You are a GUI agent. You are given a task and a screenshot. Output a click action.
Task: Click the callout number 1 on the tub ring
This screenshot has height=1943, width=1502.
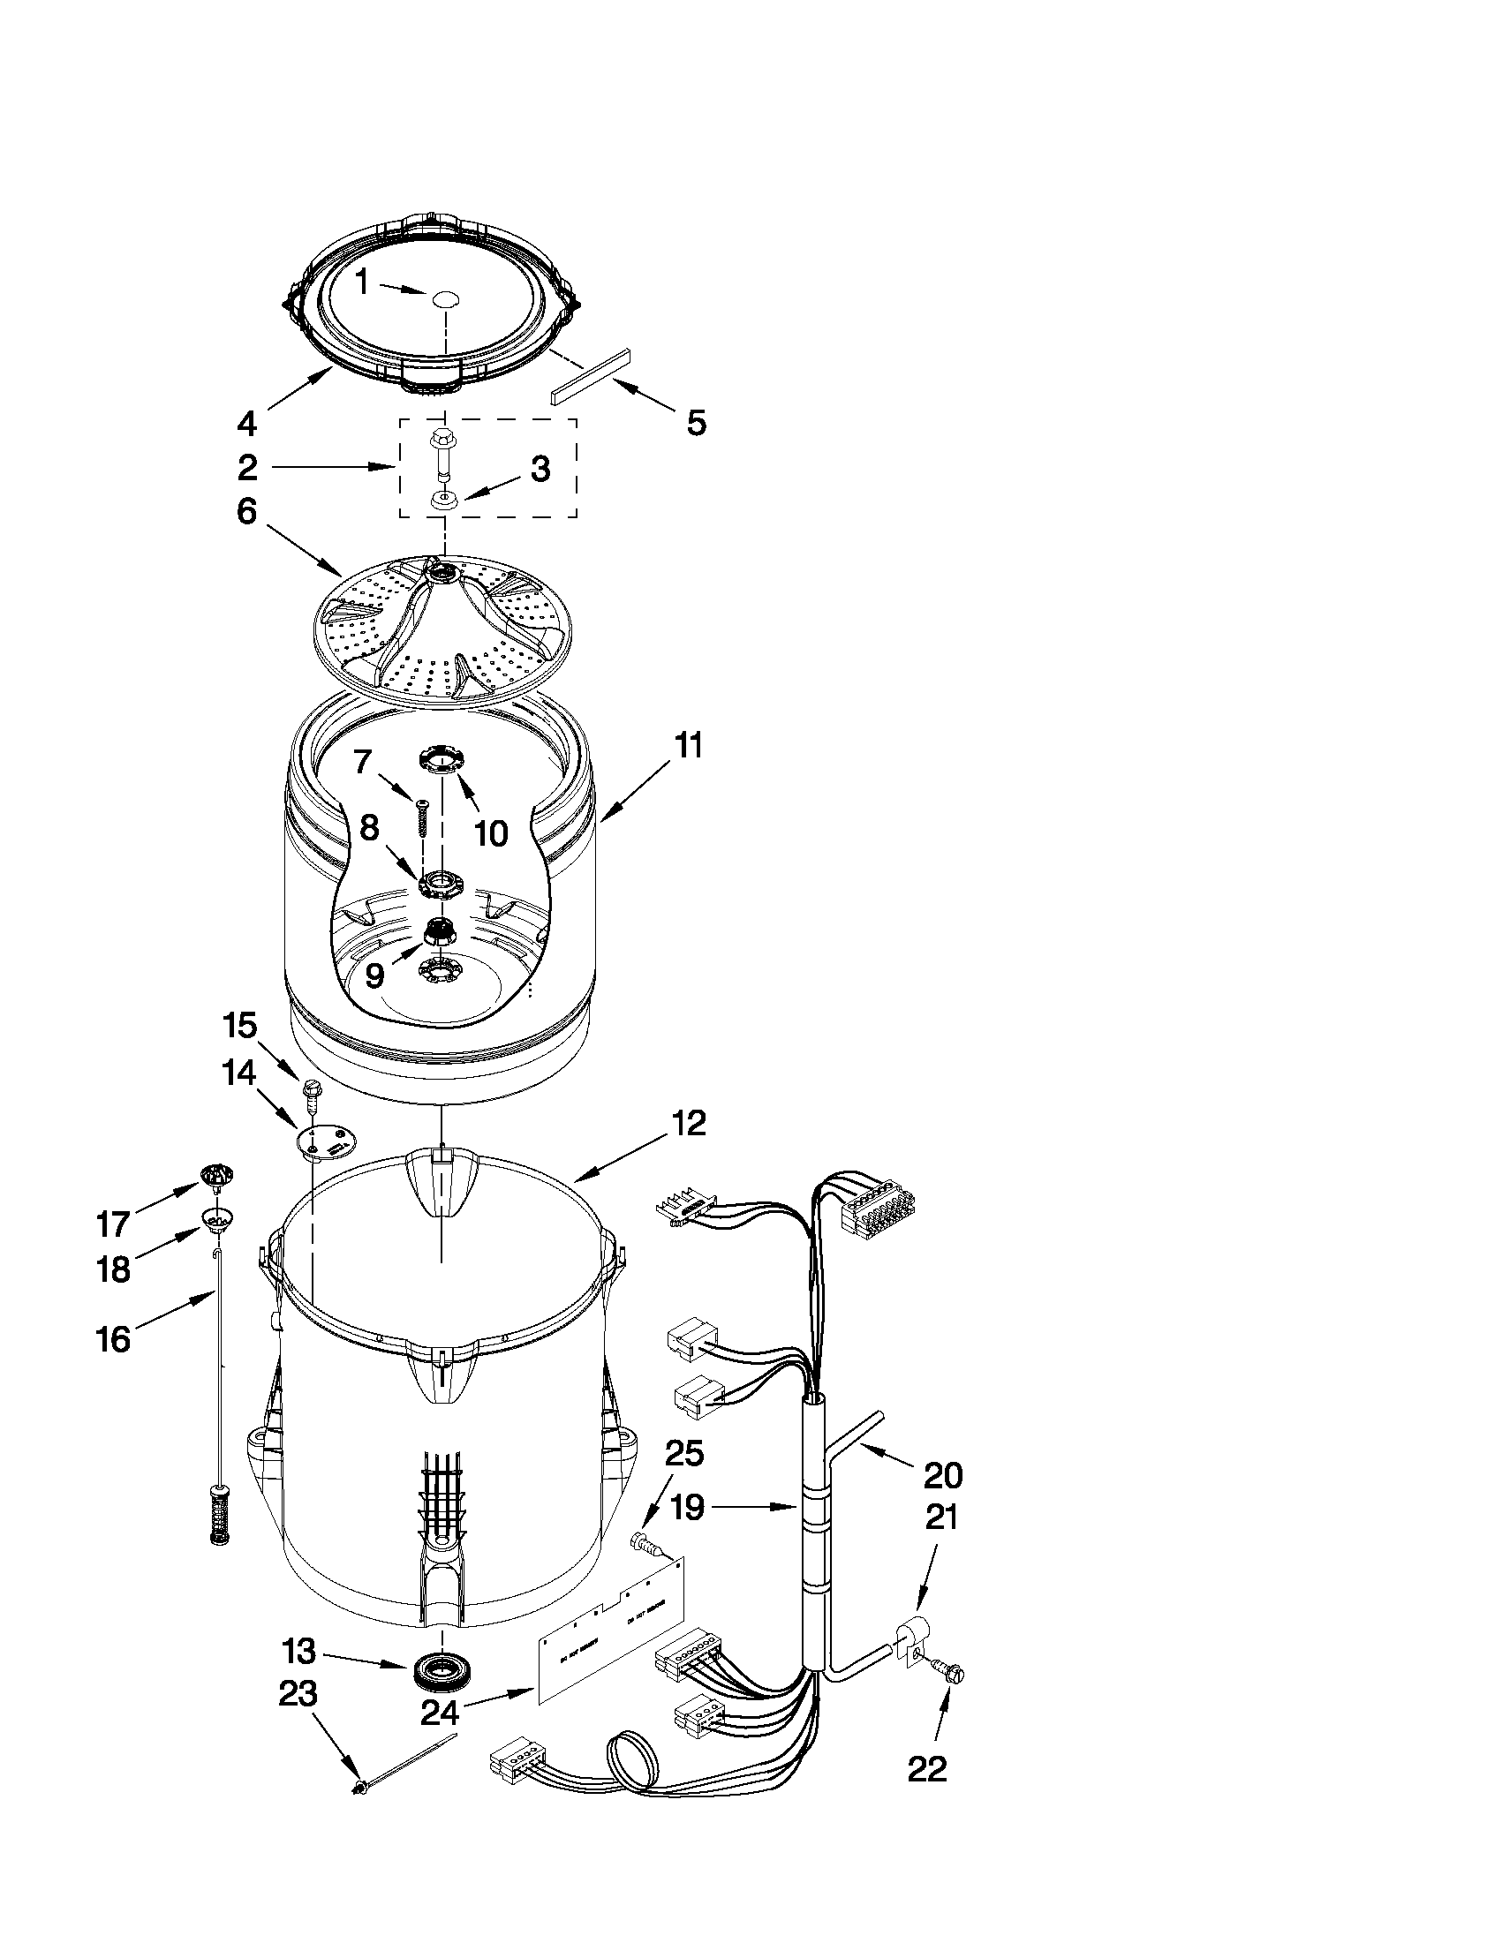[361, 282]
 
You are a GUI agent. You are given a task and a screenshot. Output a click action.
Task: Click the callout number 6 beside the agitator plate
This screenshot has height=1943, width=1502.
[246, 511]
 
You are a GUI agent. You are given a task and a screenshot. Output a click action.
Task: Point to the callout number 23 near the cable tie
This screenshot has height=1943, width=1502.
[298, 1695]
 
